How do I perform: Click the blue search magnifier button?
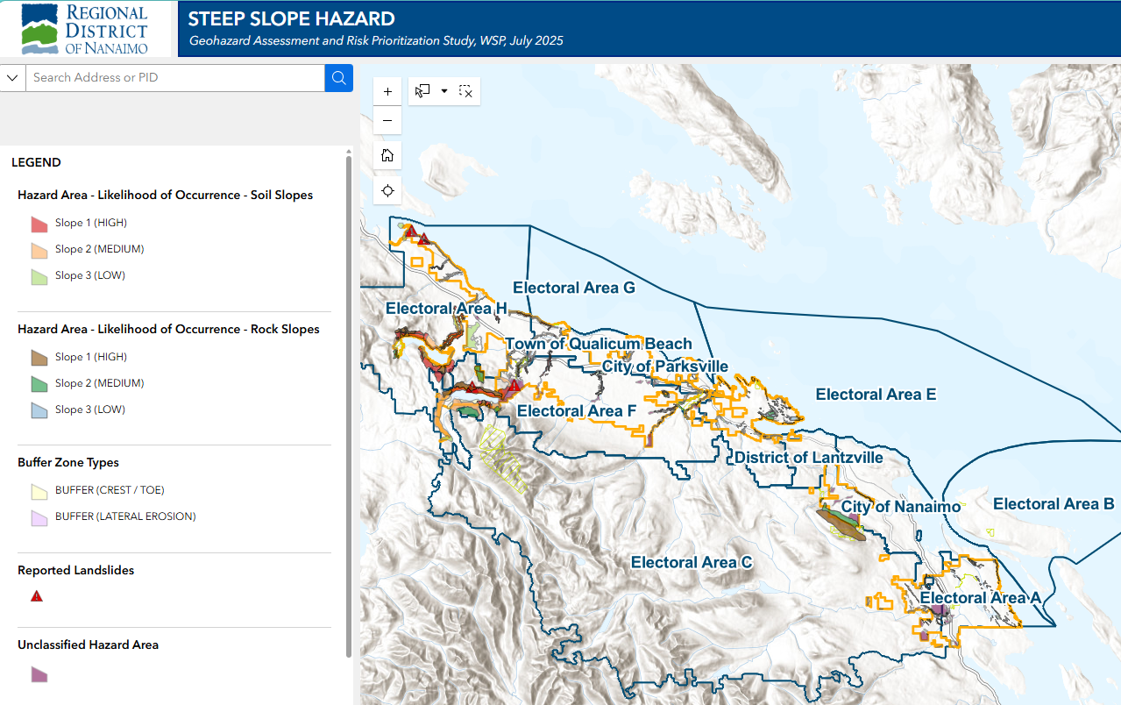point(338,78)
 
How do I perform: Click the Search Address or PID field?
point(175,78)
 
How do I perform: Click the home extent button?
point(387,155)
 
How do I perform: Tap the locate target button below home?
point(387,190)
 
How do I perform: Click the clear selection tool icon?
point(465,91)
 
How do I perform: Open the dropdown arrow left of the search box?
point(12,78)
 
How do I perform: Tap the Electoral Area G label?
point(573,288)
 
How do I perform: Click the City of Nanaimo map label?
point(900,507)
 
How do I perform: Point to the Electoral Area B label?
point(1053,504)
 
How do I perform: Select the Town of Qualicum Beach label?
point(598,345)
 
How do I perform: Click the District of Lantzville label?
point(808,458)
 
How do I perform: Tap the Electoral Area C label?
point(692,562)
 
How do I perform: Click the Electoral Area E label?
point(875,395)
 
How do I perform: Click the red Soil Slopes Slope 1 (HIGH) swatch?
point(39,224)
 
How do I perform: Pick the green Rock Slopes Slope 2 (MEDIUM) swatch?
point(39,384)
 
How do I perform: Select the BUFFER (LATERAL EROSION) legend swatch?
point(39,517)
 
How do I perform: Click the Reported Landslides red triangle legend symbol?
point(37,596)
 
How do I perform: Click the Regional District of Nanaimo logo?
point(88,29)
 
